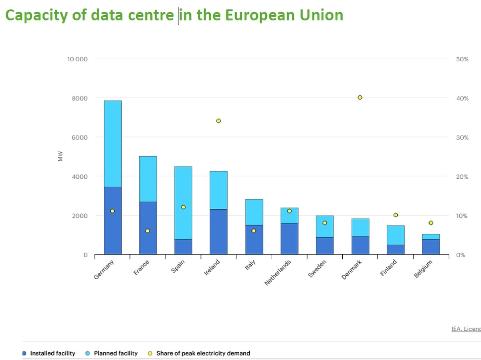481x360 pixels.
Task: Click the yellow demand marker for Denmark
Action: point(360,97)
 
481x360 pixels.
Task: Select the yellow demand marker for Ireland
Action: point(218,121)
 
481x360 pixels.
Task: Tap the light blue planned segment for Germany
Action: point(113,144)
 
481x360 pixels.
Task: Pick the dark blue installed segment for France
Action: point(148,228)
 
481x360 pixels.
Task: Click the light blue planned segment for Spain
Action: point(183,203)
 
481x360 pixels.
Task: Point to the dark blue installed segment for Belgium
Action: point(431,247)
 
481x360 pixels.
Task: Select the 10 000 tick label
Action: point(77,59)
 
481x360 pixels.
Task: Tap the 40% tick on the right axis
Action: point(462,98)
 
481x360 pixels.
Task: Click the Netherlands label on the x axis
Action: point(278,273)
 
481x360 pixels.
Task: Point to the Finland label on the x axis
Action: point(388,268)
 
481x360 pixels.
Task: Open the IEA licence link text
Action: point(466,329)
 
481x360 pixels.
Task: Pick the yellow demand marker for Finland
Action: point(396,215)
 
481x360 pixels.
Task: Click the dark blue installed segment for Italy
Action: point(254,240)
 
